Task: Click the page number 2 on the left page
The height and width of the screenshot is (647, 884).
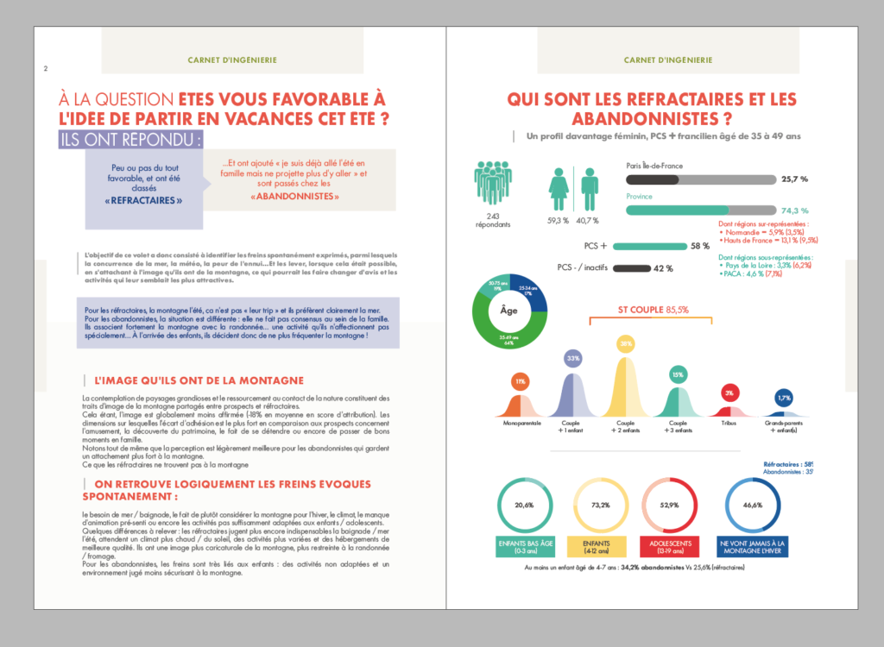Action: (45, 70)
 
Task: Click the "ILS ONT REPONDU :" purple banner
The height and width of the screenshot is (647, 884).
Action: (131, 139)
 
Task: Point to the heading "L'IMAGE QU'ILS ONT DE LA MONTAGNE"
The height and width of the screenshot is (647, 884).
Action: (199, 380)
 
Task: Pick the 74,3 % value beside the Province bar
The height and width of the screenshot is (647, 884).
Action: (794, 210)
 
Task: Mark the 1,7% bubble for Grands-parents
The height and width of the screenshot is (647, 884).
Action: (783, 398)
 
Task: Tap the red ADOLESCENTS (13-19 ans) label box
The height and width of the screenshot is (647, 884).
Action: (669, 545)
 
